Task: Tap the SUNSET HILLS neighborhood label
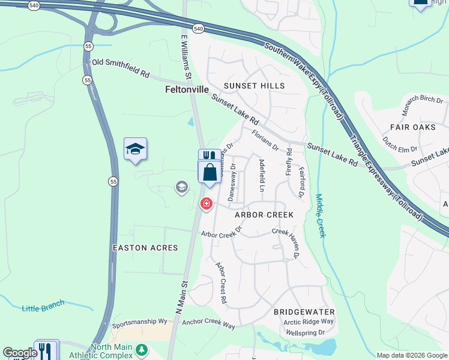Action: [254, 86]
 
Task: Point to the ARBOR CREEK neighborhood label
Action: [264, 214]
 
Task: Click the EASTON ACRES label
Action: [145, 247]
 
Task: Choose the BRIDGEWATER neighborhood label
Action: [303, 312]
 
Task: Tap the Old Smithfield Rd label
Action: [120, 67]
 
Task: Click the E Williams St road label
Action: [185, 57]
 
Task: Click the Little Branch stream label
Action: [43, 307]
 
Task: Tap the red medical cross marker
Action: [206, 205]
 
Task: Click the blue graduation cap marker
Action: [135, 149]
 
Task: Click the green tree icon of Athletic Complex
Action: [142, 349]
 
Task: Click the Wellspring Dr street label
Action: [305, 332]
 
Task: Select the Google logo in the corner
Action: [20, 353]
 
